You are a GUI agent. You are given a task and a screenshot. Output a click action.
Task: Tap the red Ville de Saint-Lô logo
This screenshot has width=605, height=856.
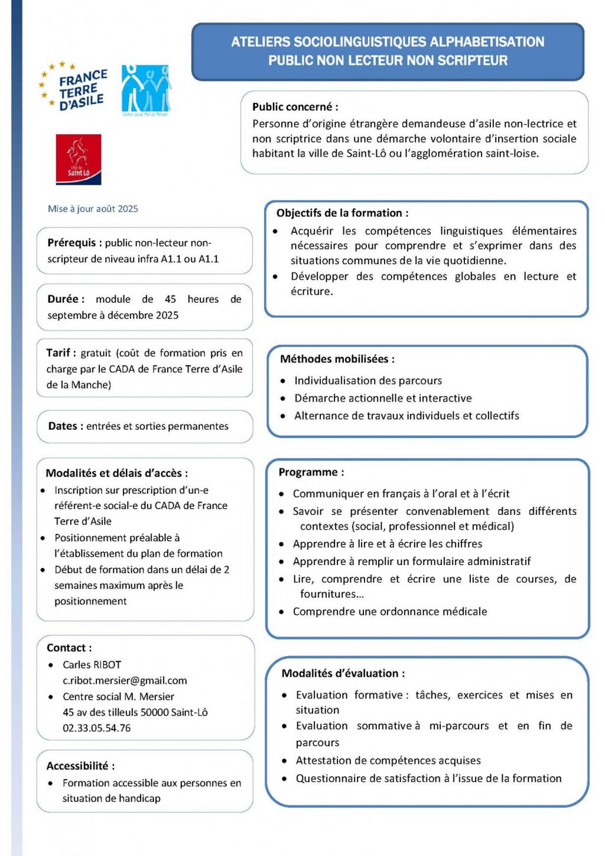pos(79,159)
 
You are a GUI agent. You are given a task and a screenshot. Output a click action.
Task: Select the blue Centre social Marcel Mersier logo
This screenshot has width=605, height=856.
pos(146,90)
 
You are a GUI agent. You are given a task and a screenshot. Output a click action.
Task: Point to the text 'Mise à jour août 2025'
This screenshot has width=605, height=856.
pos(93,209)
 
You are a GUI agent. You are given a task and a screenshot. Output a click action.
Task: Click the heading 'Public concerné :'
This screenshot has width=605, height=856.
pos(295,107)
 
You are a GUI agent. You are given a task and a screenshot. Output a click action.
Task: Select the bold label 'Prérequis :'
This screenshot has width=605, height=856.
pos(74,243)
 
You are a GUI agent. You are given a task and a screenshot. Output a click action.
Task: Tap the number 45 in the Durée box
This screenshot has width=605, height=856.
pos(170,299)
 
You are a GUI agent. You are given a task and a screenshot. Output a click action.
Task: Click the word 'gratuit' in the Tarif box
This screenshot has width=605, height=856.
pos(96,353)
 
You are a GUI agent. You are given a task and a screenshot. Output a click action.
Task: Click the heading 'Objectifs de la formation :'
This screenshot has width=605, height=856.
pos(342,213)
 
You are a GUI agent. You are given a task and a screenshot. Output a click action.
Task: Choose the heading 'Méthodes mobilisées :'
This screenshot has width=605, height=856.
pos(337,359)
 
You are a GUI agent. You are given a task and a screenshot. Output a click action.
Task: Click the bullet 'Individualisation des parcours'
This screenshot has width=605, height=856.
pos(368,381)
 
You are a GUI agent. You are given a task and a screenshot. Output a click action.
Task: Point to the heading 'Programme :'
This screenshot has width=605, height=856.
pos(311,472)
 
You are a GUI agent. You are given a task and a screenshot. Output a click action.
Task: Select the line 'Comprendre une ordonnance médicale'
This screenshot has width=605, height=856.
pos(390,611)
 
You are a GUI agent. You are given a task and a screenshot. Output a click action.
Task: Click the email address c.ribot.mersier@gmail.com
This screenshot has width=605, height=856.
pos(125,680)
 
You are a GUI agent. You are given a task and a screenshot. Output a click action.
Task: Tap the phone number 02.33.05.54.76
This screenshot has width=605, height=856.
pos(96,728)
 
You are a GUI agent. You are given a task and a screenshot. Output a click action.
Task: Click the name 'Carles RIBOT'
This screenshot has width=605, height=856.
pos(92,664)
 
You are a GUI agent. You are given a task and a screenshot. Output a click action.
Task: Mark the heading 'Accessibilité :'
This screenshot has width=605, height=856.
pos(80,766)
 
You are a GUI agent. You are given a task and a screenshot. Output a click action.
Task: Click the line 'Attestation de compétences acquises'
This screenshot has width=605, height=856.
pos(388,760)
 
